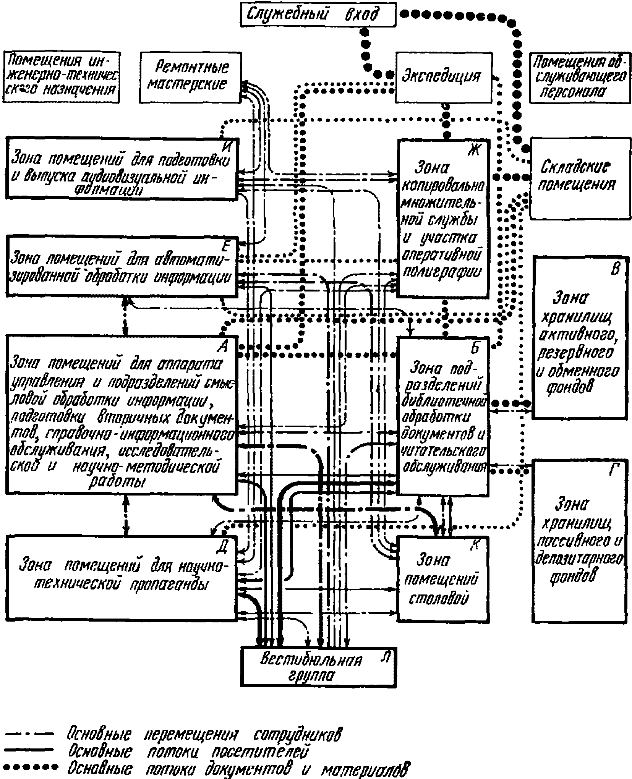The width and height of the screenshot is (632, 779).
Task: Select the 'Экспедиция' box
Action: click(x=443, y=78)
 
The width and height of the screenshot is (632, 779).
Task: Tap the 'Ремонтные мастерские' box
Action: click(x=190, y=78)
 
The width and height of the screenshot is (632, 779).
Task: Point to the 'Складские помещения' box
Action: click(x=580, y=178)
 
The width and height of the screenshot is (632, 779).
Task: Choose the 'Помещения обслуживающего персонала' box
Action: click(x=580, y=78)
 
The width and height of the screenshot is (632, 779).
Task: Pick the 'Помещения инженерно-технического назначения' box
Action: click(x=61, y=78)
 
